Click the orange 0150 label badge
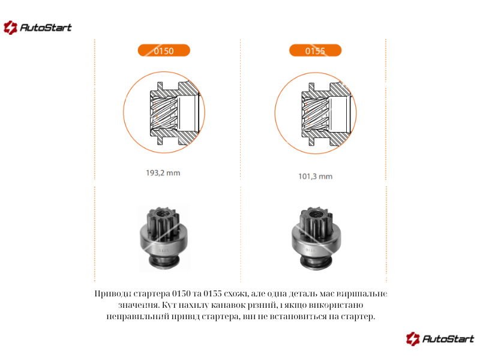point(164,50)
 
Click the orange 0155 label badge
point(316,50)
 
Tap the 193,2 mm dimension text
point(163,173)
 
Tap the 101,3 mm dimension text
point(316,176)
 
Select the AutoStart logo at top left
point(37,28)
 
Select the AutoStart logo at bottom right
point(440,339)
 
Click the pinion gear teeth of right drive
point(316,221)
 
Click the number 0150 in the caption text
point(182,293)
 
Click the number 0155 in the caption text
point(212,293)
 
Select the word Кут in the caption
point(169,305)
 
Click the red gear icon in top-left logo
point(10,28)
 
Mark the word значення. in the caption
point(139,305)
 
